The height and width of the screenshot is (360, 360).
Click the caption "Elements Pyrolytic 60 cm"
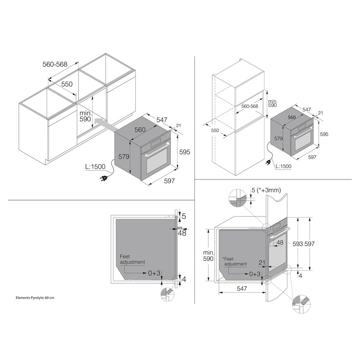tap(35, 298)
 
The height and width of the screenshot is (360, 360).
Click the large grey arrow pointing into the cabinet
tap(105, 125)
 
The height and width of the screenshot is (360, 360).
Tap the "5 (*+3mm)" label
tap(266, 190)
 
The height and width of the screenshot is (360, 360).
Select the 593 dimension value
tap(298, 244)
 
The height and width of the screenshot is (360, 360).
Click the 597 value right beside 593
tap(310, 244)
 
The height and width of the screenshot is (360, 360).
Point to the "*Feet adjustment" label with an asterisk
tap(234, 262)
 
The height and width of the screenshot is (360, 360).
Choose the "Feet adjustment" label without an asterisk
tap(132, 259)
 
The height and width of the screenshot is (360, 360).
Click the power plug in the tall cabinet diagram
tap(268, 163)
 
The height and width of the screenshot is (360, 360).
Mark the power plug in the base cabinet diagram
tap(103, 178)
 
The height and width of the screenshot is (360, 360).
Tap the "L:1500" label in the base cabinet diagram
tap(96, 167)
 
